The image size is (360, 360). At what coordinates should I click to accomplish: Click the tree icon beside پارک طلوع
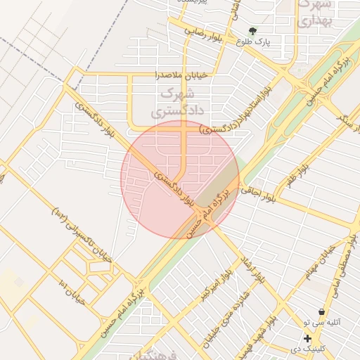coord(253,30)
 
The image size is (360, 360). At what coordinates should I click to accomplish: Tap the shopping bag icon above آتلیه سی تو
coord(321,311)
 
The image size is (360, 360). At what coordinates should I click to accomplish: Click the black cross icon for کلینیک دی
coord(307,338)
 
